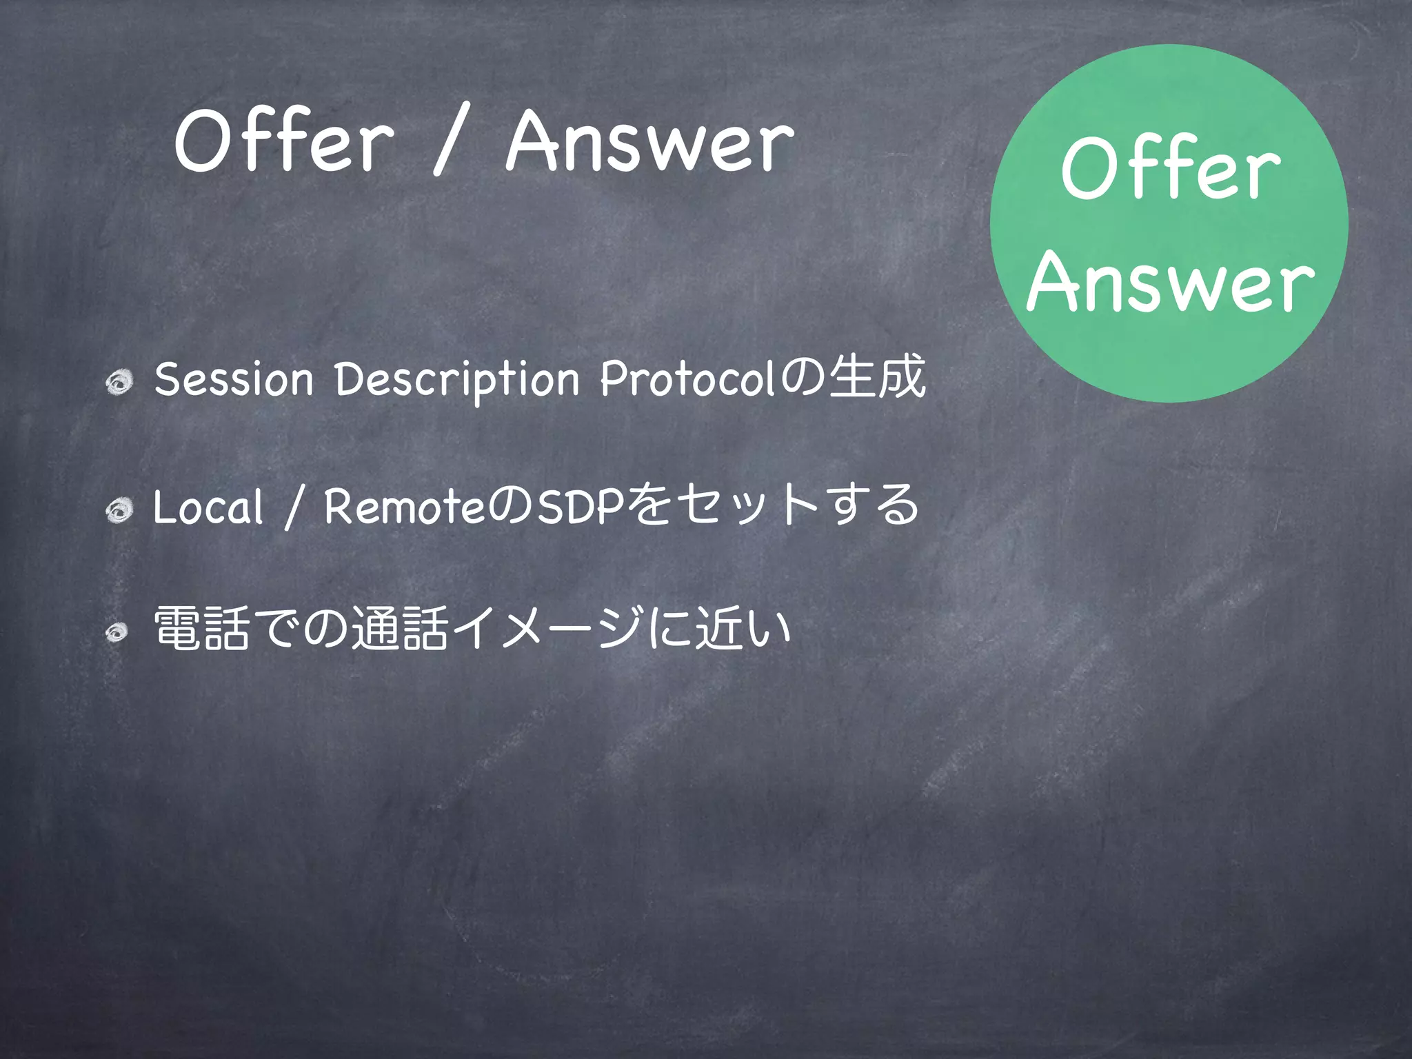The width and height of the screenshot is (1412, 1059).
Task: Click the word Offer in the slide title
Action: tap(283, 141)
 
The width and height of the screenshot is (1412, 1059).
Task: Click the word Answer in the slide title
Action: tap(649, 141)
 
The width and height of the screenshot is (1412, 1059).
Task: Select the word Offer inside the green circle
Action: tap(1170, 169)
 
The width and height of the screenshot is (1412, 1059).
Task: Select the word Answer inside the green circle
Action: tap(1170, 281)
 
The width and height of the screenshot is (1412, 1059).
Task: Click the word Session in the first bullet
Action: tap(234, 379)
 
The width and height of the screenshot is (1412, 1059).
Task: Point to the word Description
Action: tap(456, 379)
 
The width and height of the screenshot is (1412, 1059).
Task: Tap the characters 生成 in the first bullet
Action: tap(877, 377)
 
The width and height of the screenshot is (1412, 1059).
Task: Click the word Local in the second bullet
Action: tap(208, 507)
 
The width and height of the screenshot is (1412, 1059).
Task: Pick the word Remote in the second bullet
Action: tap(405, 507)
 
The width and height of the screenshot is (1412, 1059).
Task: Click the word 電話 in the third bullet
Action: tap(201, 628)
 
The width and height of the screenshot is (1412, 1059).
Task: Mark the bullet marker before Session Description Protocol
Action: tap(119, 381)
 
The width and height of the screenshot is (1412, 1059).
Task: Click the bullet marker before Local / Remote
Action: tap(119, 510)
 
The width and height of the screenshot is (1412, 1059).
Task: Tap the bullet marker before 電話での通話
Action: tap(117, 632)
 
